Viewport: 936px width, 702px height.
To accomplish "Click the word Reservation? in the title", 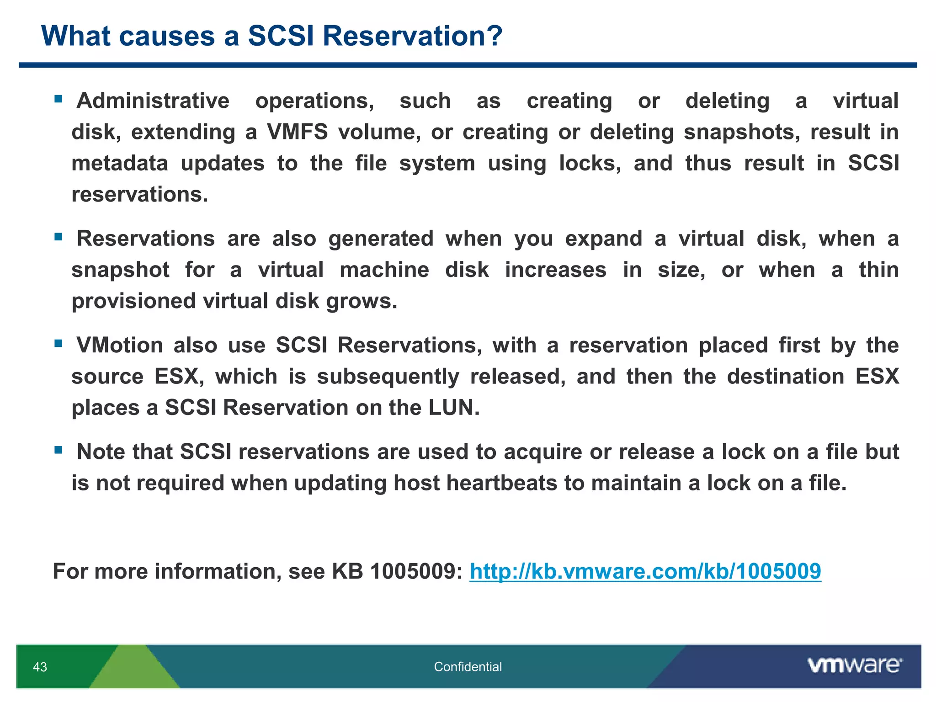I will coord(412,36).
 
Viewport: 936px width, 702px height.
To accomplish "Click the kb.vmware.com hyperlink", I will coord(645,571).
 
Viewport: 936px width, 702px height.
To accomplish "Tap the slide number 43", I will coord(40,667).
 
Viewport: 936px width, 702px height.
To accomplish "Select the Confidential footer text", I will coord(468,667).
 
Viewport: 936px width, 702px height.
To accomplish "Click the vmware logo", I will coord(854,665).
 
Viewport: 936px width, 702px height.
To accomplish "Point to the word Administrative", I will coord(153,101).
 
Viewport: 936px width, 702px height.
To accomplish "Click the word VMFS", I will coord(297,132).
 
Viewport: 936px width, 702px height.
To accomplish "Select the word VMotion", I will coord(120,345).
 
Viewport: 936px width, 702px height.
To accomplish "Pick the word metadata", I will coord(120,164).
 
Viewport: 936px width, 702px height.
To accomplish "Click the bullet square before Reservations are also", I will coord(58,237).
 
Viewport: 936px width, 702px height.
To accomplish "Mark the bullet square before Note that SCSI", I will coord(58,450).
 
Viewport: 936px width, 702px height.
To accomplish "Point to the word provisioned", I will coord(133,301).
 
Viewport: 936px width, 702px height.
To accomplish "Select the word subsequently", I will coord(388,377).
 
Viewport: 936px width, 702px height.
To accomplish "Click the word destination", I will coord(785,377).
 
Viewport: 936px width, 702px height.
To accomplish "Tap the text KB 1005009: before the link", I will coord(397,571).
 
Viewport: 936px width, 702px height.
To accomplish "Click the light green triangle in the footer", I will coord(133,672).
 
